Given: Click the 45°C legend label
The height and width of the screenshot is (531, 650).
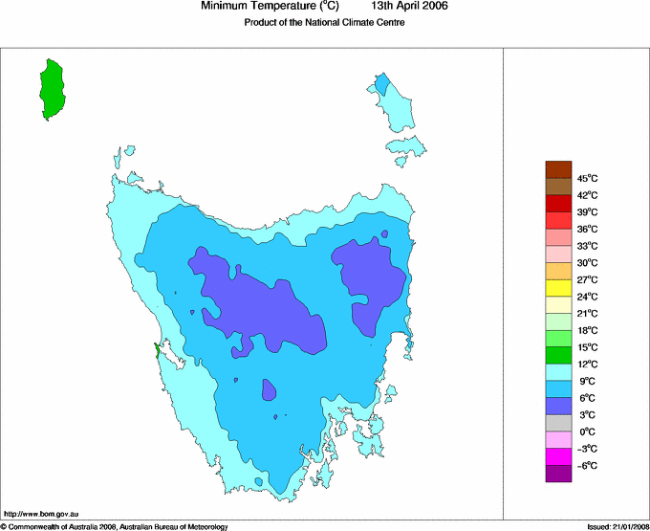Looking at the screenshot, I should pos(587,178).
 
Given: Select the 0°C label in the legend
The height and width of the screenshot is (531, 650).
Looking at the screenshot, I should pos(587,431).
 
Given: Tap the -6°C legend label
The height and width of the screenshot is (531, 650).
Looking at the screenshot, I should pos(587,465).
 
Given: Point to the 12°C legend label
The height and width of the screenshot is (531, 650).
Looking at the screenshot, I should pos(587,364).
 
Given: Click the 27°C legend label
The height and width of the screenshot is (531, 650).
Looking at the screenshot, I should pos(587,279).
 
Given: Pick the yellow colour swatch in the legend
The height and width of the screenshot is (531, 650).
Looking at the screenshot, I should pos(558,288).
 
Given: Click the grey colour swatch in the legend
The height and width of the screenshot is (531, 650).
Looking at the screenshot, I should pos(558,423).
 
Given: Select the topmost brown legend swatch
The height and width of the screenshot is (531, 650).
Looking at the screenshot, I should pos(558,169).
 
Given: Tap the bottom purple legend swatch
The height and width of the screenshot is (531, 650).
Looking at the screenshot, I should pos(558,474).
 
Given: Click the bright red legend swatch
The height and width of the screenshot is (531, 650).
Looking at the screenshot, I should pos(558,203).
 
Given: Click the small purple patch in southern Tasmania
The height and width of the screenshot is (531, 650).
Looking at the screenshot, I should pos(270,389).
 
